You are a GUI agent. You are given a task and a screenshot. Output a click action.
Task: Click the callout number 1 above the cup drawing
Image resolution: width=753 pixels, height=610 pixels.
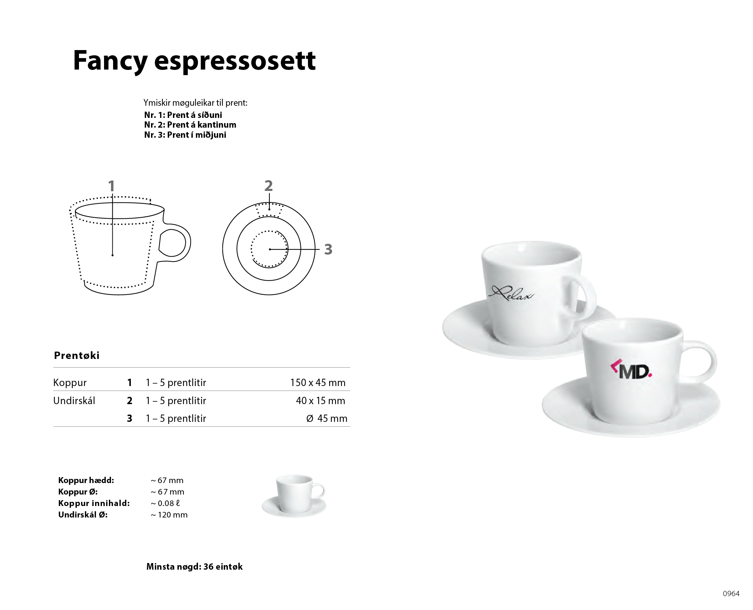tap(111, 186)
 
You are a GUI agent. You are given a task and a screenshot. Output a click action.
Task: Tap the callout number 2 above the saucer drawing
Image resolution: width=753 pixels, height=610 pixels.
tap(269, 185)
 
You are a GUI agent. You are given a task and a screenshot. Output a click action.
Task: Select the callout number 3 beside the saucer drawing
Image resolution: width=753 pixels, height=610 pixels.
tap(328, 249)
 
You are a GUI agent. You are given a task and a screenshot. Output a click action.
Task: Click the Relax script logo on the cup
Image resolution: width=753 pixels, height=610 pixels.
tap(511, 294)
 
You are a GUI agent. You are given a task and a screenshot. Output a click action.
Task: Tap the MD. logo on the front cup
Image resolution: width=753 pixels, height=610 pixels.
tap(631, 369)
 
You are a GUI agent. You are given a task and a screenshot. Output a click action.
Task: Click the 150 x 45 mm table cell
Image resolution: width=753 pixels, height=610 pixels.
tap(318, 382)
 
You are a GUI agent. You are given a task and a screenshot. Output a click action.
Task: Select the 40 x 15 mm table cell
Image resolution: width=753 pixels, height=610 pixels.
tap(320, 401)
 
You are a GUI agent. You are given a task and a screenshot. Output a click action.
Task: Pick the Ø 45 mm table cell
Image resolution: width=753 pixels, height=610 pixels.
tap(327, 418)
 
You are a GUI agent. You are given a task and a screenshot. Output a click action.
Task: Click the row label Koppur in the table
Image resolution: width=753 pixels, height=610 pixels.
tap(70, 383)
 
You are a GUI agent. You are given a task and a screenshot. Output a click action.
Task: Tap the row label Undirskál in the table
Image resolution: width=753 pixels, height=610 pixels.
tap(74, 401)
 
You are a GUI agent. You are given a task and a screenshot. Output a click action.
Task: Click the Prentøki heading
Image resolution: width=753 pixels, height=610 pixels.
tap(77, 355)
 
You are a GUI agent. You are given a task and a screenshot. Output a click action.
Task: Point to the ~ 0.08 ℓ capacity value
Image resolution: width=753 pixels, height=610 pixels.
tap(166, 503)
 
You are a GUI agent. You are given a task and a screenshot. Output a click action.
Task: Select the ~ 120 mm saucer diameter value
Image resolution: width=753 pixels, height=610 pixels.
tap(169, 515)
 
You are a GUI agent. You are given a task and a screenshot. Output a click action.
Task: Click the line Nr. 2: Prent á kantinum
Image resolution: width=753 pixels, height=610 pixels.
tap(190, 125)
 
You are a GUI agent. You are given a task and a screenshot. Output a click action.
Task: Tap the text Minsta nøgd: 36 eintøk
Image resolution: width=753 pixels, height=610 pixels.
tap(195, 567)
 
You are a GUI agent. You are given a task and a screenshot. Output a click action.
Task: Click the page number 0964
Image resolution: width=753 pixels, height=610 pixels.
tap(731, 594)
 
